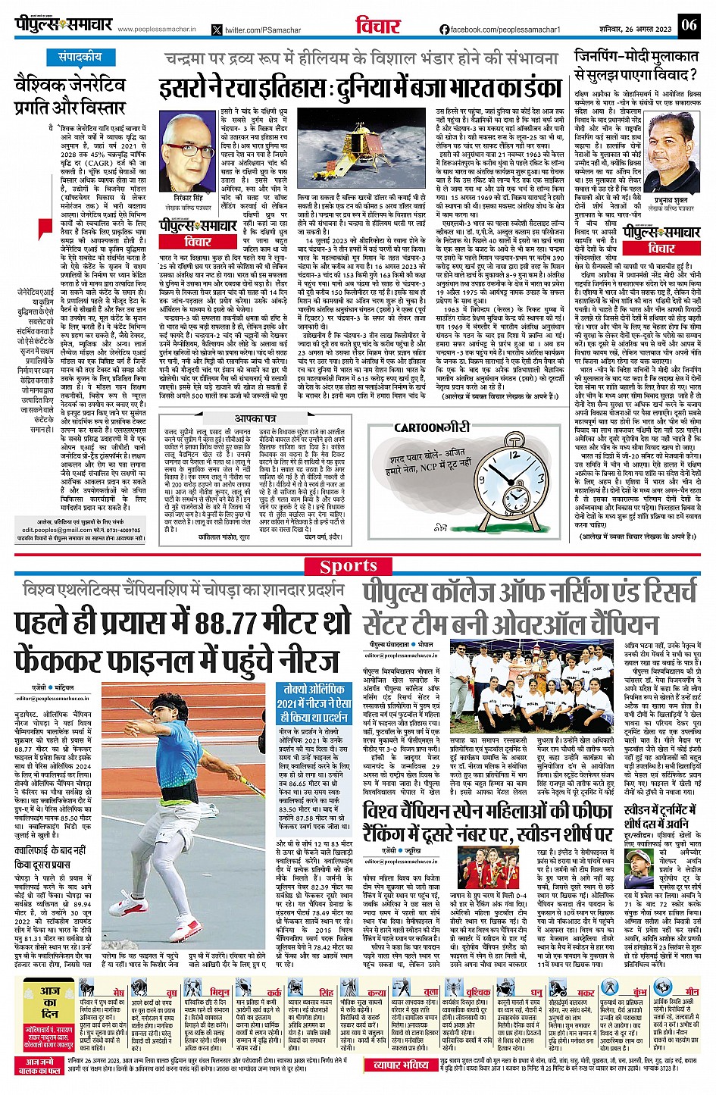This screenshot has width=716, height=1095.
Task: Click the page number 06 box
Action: coord(688,24)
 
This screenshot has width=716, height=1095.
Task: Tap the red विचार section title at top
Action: coord(377,26)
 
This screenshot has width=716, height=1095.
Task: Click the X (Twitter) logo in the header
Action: coord(217,30)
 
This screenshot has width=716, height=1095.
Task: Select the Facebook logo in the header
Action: coord(444,29)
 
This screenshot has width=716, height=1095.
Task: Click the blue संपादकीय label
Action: coord(80,57)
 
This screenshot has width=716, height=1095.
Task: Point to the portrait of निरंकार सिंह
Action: coord(187,149)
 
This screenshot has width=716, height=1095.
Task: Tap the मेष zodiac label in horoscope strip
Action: coord(118,991)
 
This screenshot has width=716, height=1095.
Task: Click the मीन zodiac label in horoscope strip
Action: coord(691,991)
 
